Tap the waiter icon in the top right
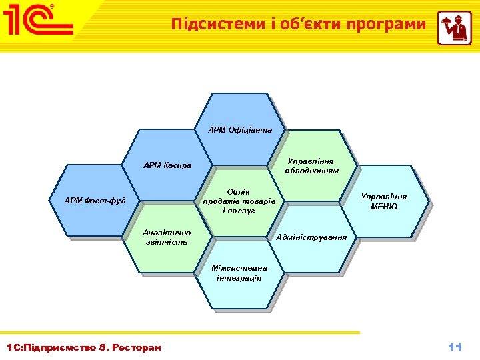pos(454,28)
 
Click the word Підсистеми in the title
pos(208,25)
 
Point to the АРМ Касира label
pos(168,165)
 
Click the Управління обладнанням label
pos(311,165)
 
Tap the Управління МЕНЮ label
pos(384,201)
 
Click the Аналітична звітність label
pos(167,237)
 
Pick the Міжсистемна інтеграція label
pos(239,273)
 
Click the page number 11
pos(455,347)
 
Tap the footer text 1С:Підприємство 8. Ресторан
pos(83,347)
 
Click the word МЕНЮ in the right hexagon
pos(384,207)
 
